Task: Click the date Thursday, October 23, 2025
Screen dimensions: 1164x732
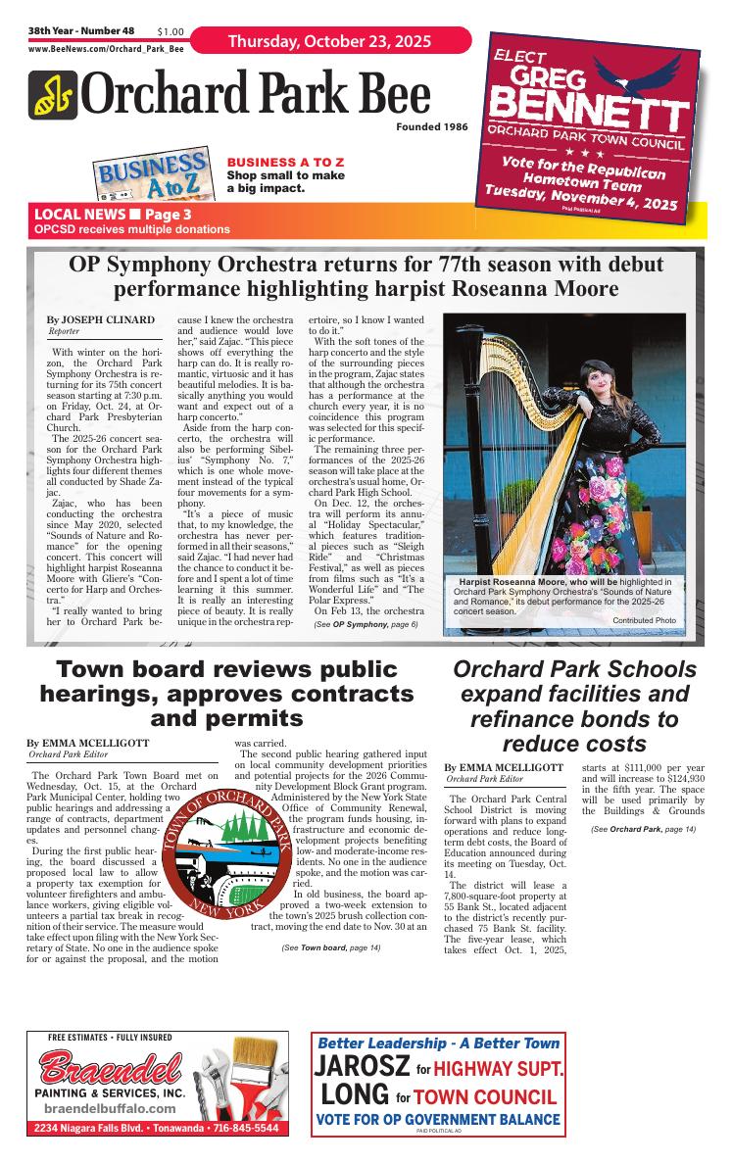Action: click(x=330, y=41)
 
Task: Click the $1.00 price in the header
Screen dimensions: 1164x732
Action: click(x=171, y=32)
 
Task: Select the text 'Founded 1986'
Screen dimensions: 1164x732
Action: click(x=432, y=127)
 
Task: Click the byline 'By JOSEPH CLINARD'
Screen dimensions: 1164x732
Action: click(x=100, y=320)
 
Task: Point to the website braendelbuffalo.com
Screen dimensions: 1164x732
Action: click(x=110, y=1108)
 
